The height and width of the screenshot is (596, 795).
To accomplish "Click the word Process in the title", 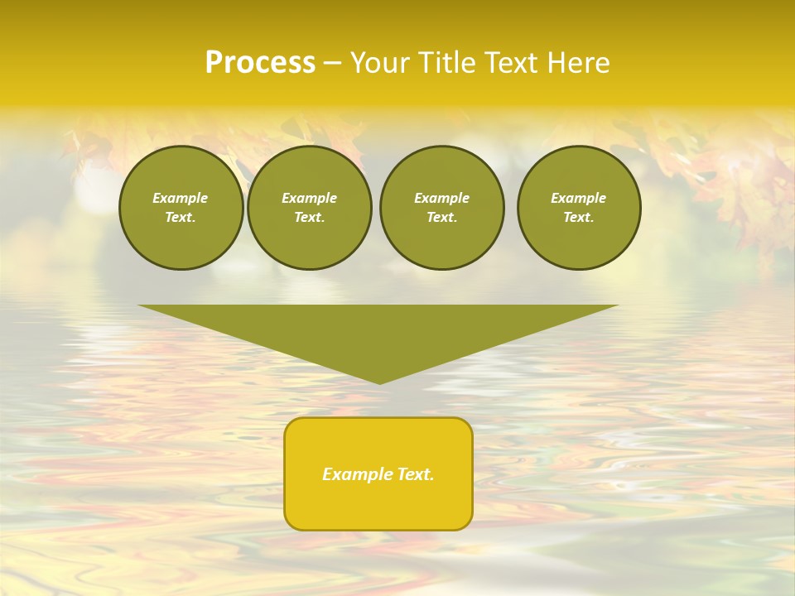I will click(260, 63).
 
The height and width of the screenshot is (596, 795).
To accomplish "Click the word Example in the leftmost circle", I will click(181, 198).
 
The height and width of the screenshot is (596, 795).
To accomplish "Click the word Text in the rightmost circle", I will click(578, 218).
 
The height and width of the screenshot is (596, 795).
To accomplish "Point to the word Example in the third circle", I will click(441, 198).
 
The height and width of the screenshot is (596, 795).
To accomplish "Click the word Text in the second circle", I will click(309, 218).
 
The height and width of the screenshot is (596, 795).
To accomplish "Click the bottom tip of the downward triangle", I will click(379, 382).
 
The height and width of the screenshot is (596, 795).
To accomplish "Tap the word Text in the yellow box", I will click(417, 474).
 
